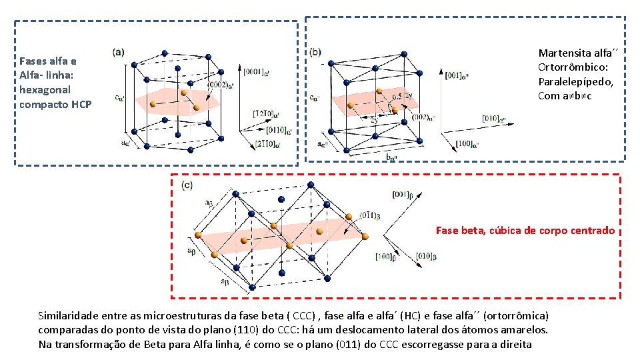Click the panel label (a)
(x=119, y=51)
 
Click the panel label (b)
(x=315, y=51)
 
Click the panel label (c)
(x=187, y=185)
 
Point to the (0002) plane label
(x=221, y=85)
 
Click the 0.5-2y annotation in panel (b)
(x=406, y=97)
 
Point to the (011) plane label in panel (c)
(x=369, y=215)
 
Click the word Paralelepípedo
(x=575, y=81)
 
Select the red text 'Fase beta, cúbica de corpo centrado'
(x=525, y=231)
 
